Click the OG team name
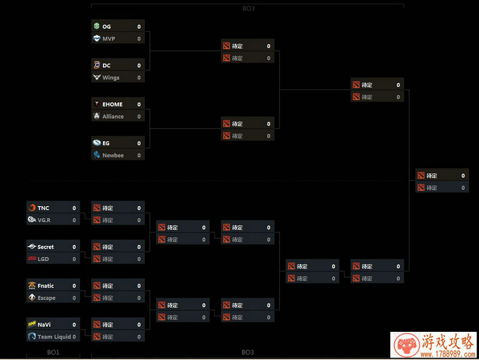(x=107, y=27)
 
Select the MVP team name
(x=108, y=39)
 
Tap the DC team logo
(x=97, y=65)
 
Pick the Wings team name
(x=111, y=78)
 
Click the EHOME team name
(x=112, y=104)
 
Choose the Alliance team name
(x=113, y=117)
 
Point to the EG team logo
(x=97, y=143)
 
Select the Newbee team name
(x=113, y=156)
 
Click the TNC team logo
(x=32, y=208)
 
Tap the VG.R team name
(x=44, y=220)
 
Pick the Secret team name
(x=46, y=247)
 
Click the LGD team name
(x=43, y=259)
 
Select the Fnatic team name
(x=46, y=286)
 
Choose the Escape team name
(x=46, y=298)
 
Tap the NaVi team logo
(x=32, y=324)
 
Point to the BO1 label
(x=53, y=352)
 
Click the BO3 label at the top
(x=247, y=9)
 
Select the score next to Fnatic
(x=74, y=286)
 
